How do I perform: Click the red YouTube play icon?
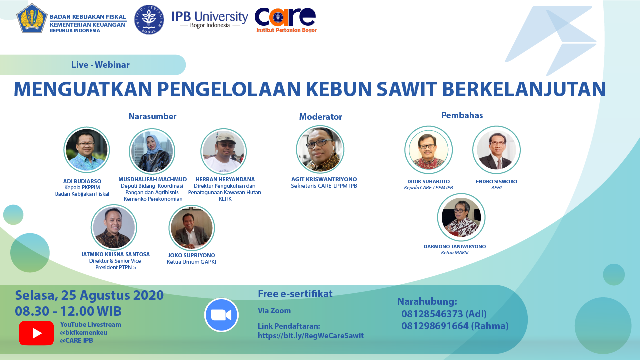36,333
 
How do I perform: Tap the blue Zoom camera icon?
221,315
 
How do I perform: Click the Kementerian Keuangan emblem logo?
32,18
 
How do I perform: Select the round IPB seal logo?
149,20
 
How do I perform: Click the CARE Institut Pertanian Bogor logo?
286,20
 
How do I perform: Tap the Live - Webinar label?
100,65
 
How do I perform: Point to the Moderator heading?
320,117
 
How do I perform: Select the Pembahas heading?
462,115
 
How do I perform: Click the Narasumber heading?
152,116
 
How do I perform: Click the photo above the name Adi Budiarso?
86,150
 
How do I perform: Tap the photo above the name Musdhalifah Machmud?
152,151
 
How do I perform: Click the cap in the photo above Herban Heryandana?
225,138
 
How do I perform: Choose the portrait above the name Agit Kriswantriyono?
320,149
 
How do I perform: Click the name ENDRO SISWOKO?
496,181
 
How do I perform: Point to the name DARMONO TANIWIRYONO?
455,246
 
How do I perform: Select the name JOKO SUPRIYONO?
191,255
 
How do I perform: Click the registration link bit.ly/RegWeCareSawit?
311,336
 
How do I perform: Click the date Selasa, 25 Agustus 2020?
89,295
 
